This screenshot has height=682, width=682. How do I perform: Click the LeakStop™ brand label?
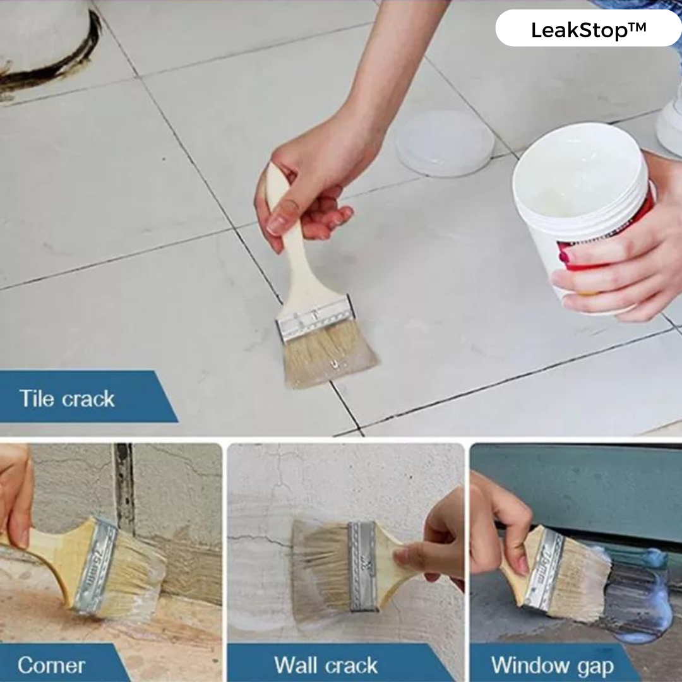588,30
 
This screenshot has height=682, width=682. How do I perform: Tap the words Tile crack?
67,398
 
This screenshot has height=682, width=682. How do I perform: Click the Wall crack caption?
326,665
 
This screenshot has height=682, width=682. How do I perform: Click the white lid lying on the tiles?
445,143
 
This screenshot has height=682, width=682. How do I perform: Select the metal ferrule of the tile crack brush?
314,318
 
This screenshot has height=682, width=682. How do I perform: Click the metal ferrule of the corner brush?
93,565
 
